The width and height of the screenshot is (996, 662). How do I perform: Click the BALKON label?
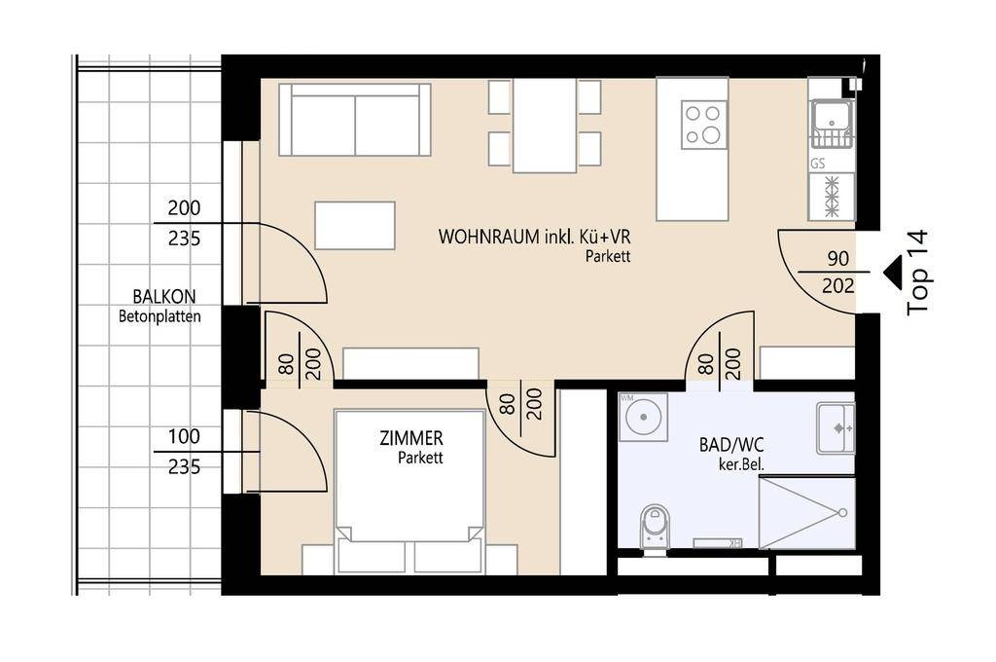(x=164, y=296)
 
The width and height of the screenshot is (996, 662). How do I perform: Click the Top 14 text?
(x=917, y=273)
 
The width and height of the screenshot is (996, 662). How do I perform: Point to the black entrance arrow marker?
(x=892, y=272)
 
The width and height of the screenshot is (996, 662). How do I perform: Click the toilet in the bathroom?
(x=655, y=528)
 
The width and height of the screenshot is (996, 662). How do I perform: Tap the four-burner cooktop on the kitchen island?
(x=703, y=124)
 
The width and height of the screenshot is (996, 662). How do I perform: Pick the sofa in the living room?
(x=354, y=120)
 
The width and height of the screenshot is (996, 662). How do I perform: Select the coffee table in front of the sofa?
(x=355, y=226)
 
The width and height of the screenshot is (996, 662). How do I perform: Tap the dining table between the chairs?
(x=545, y=126)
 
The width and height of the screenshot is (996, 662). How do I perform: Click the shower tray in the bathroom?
(x=806, y=513)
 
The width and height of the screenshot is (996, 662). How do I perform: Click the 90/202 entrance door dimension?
(x=837, y=273)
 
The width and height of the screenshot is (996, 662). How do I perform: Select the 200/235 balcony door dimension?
(x=184, y=223)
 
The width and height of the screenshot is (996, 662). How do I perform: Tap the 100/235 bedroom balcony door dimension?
(x=184, y=452)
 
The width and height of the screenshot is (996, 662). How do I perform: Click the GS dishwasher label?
(x=817, y=165)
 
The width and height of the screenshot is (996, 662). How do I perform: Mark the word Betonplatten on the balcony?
(x=160, y=315)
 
